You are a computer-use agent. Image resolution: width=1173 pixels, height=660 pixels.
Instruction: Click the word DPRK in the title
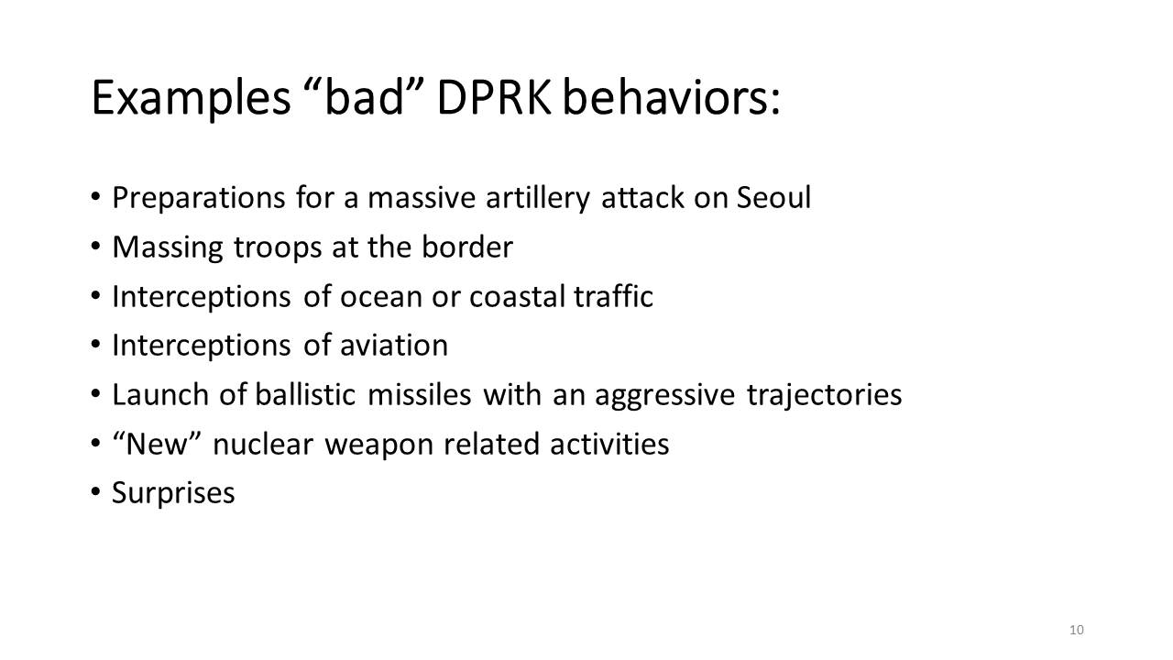point(494,97)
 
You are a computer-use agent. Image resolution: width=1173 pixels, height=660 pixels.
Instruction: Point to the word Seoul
point(774,197)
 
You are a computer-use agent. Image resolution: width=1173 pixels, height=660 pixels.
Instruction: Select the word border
point(467,247)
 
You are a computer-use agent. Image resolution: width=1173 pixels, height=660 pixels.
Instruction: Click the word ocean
point(380,297)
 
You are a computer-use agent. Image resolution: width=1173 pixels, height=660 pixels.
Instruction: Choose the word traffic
point(614,296)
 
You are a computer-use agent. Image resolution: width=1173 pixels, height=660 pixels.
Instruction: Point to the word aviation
point(394,346)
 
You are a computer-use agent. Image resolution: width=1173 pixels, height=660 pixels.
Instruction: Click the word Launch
point(160,394)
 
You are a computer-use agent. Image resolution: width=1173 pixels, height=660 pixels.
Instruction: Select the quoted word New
point(157,444)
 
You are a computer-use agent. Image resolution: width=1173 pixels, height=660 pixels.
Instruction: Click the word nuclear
point(263,444)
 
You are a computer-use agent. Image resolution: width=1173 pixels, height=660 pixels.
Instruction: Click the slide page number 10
point(1077,630)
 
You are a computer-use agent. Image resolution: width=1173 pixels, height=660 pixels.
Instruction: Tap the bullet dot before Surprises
point(95,492)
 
